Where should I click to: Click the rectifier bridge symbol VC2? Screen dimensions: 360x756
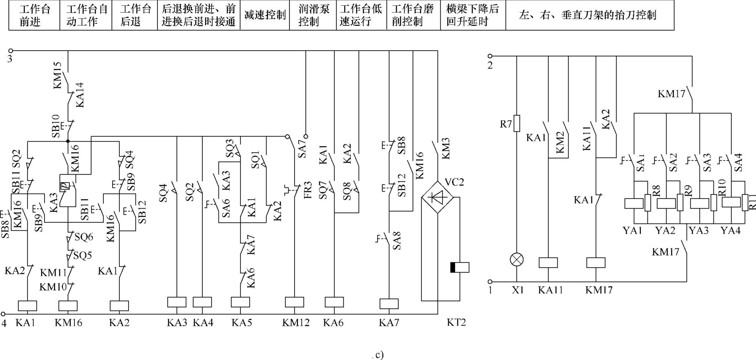pyautogui.click(x=438, y=197)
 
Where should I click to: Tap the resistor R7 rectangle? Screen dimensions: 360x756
pyautogui.click(x=517, y=123)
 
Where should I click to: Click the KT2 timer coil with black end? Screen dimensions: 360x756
pyautogui.click(x=460, y=267)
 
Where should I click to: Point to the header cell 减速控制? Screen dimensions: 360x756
pyautogui.click(x=265, y=15)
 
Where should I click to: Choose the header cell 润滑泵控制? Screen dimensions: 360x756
pyautogui.click(x=313, y=15)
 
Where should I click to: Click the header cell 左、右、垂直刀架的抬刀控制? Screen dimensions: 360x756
pyautogui.click(x=590, y=15)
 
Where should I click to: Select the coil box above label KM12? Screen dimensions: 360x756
pyautogui.click(x=294, y=302)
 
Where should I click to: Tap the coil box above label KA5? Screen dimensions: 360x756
pyautogui.click(x=241, y=302)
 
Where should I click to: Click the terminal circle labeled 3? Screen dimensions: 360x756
pyautogui.click(x=11, y=51)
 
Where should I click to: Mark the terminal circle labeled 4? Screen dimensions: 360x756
pyautogui.click(x=3, y=314)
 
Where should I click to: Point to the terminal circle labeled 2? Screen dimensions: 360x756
pyautogui.click(x=490, y=56)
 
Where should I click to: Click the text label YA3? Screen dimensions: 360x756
pyautogui.click(x=699, y=231)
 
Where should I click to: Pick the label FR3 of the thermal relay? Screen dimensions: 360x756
pyautogui.click(x=308, y=191)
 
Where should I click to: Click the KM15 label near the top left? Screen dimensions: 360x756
pyautogui.click(x=58, y=75)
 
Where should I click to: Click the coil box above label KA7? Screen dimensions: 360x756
pyautogui.click(x=389, y=304)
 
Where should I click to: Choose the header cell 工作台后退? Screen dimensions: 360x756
pyautogui.click(x=135, y=15)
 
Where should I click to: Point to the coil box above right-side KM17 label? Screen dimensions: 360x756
pyautogui.click(x=596, y=263)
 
